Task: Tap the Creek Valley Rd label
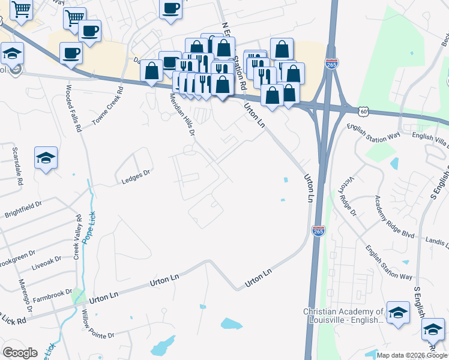(78, 235)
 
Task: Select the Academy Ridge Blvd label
(395, 217)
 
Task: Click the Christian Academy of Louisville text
(343, 316)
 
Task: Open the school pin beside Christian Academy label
(397, 313)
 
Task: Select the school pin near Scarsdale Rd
(46, 158)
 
